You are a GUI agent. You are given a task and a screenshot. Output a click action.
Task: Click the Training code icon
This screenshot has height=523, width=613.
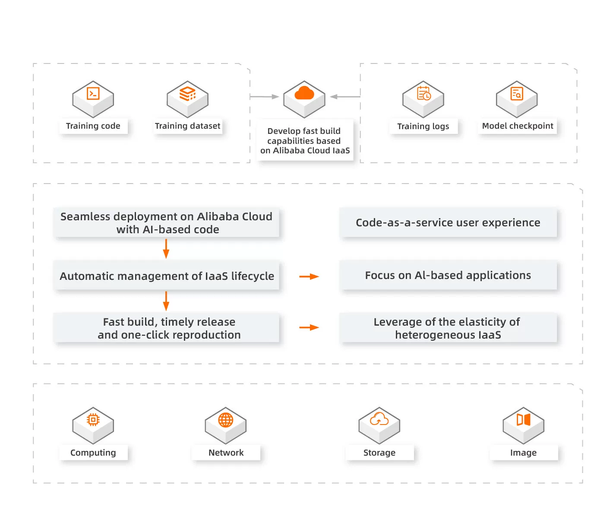[x=93, y=98]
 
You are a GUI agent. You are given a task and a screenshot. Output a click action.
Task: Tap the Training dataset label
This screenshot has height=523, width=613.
[x=187, y=126]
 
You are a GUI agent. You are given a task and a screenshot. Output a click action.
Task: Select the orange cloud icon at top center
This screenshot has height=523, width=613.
[x=304, y=98]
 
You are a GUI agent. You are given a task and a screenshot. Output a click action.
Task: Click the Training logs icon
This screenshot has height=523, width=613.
[x=423, y=98]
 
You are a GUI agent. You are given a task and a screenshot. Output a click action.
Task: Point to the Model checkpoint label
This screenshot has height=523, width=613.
[x=517, y=126]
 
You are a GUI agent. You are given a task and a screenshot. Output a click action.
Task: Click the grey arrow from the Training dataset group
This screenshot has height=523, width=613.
[x=264, y=97]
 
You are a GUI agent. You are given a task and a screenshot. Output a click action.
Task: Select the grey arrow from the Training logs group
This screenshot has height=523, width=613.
[x=345, y=97]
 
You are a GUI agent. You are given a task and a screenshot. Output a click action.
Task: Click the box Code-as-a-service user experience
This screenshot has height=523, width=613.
[x=448, y=223]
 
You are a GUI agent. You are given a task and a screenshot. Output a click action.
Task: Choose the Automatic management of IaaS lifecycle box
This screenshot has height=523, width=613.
[x=167, y=276]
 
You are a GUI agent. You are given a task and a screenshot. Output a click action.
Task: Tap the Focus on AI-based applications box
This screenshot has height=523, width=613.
[x=448, y=276]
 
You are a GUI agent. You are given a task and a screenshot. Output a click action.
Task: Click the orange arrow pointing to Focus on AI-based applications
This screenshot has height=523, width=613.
[x=309, y=276]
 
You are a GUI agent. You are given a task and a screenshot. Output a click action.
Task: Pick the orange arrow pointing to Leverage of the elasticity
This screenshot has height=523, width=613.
[x=309, y=327]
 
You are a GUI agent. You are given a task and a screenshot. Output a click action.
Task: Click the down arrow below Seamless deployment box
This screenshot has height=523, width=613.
[x=166, y=249]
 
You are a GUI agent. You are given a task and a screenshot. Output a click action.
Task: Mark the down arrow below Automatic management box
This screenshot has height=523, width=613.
[x=166, y=301]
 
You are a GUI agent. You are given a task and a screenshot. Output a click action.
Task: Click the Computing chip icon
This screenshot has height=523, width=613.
[x=93, y=425]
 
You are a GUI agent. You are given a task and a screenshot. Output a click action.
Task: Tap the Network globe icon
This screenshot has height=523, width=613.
[x=226, y=425]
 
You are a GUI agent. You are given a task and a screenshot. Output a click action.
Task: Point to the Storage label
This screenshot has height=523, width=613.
[x=379, y=453]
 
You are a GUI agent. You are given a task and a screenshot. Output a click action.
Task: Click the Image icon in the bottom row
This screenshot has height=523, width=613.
[x=523, y=425]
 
